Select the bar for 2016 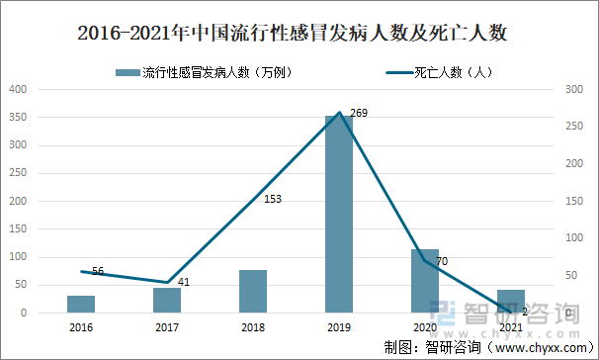click(x=81, y=304)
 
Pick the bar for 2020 click(x=425, y=281)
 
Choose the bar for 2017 click(x=167, y=300)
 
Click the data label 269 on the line click(x=359, y=114)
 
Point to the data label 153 click(x=273, y=200)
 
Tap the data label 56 click(x=98, y=271)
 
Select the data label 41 click(x=185, y=282)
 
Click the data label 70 click(x=442, y=261)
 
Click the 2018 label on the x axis click(x=253, y=326)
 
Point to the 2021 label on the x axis click(x=511, y=326)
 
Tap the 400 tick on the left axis click(x=19, y=89)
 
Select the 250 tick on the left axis click(x=19, y=173)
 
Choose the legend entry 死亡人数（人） click(x=441, y=72)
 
